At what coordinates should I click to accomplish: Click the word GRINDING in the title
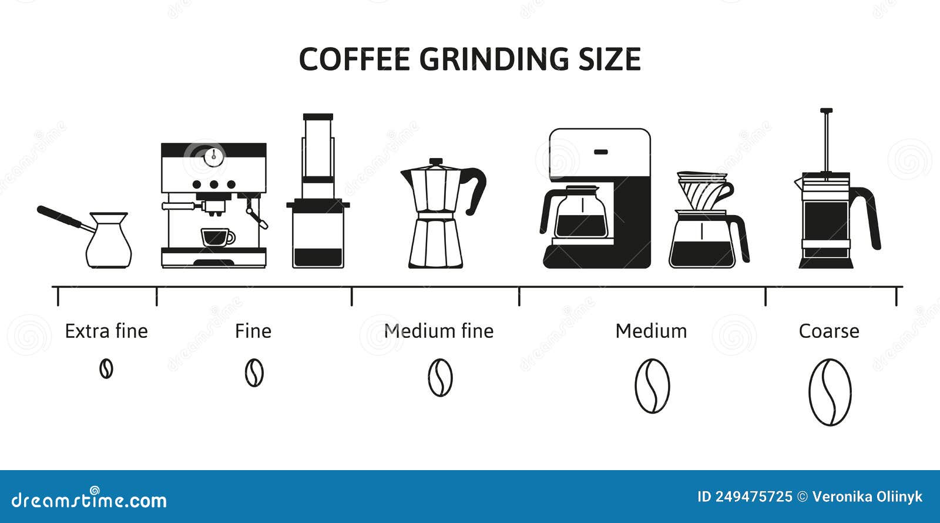click(x=494, y=59)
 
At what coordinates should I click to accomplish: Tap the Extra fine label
click(x=106, y=331)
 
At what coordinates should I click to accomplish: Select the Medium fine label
click(x=439, y=331)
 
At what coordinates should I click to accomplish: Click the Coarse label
click(x=829, y=331)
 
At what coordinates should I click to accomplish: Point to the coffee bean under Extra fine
click(x=106, y=369)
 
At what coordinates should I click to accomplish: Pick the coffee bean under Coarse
click(x=830, y=392)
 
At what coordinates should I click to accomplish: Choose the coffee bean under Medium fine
click(x=440, y=377)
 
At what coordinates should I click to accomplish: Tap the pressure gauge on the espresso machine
click(x=214, y=156)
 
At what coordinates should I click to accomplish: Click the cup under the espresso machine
click(x=217, y=237)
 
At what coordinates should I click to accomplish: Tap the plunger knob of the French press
click(x=826, y=111)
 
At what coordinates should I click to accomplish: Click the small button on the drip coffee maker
click(x=600, y=152)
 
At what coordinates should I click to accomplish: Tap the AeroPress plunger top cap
click(x=318, y=117)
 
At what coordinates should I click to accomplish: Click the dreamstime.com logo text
click(x=89, y=499)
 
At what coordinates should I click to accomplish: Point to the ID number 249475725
click(x=754, y=497)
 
